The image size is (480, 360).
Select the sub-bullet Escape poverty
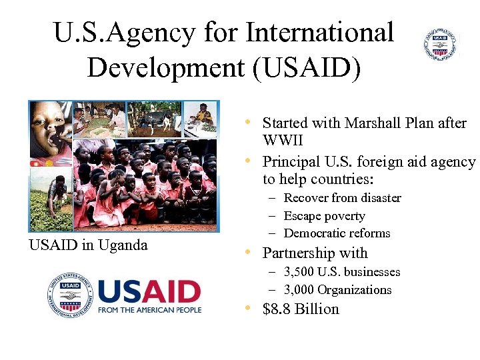coord(324,216)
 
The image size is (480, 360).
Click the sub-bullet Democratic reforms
coord(337,233)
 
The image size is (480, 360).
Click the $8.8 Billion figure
coord(301,309)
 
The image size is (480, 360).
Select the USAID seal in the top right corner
coord(441,45)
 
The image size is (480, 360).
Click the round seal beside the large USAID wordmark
coord(69,295)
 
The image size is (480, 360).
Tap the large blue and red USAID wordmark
coord(149,291)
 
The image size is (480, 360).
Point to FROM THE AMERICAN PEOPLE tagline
coord(149,310)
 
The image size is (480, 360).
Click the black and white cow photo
coord(155,119)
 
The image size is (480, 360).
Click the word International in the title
coord(320,32)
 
